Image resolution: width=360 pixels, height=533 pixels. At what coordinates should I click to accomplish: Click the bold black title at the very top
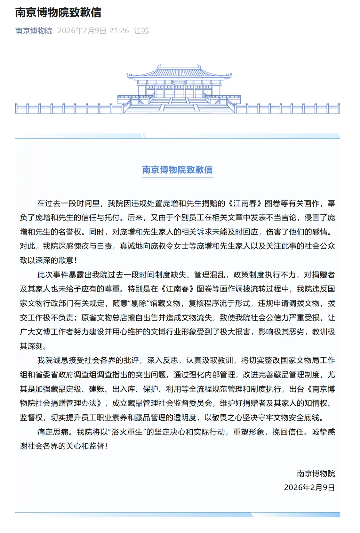[58, 13]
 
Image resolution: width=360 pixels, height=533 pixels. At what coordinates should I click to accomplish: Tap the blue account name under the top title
[34, 31]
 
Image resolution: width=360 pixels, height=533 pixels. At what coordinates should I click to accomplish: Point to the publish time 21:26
[119, 31]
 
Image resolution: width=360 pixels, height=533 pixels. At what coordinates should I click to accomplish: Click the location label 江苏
[141, 31]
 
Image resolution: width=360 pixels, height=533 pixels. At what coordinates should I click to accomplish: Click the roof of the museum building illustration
[179, 72]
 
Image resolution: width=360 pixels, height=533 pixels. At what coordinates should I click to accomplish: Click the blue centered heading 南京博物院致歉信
[177, 170]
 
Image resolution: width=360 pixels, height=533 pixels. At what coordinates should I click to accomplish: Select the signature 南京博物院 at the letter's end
[316, 474]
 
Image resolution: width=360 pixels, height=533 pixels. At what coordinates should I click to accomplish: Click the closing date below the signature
[309, 488]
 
